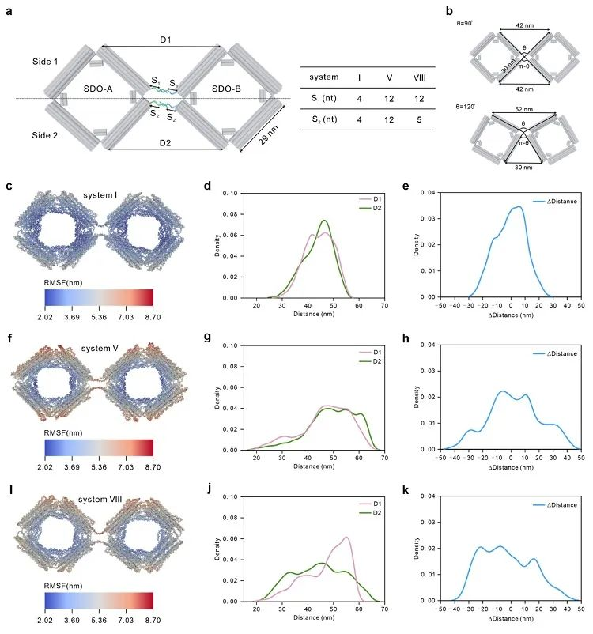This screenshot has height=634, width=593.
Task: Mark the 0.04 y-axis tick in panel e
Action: pyautogui.click(x=433, y=192)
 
